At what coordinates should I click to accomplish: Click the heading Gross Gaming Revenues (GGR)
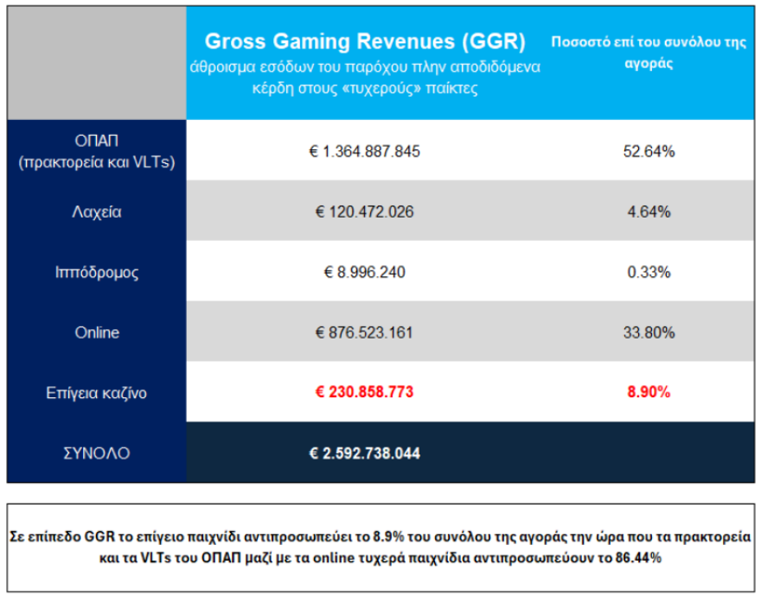click(364, 42)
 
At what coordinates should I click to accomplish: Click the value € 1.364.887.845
click(364, 151)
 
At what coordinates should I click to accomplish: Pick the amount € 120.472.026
click(364, 212)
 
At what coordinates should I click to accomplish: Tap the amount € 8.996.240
click(364, 272)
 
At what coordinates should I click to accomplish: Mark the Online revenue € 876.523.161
click(364, 333)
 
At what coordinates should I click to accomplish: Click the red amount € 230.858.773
click(364, 392)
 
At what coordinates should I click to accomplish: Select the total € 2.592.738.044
click(364, 453)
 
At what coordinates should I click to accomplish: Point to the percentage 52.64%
click(649, 151)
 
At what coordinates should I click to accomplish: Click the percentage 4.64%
click(649, 212)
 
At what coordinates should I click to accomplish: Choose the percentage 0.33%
click(649, 272)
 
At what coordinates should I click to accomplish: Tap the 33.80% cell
click(649, 333)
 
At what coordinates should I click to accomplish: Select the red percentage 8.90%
click(649, 392)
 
